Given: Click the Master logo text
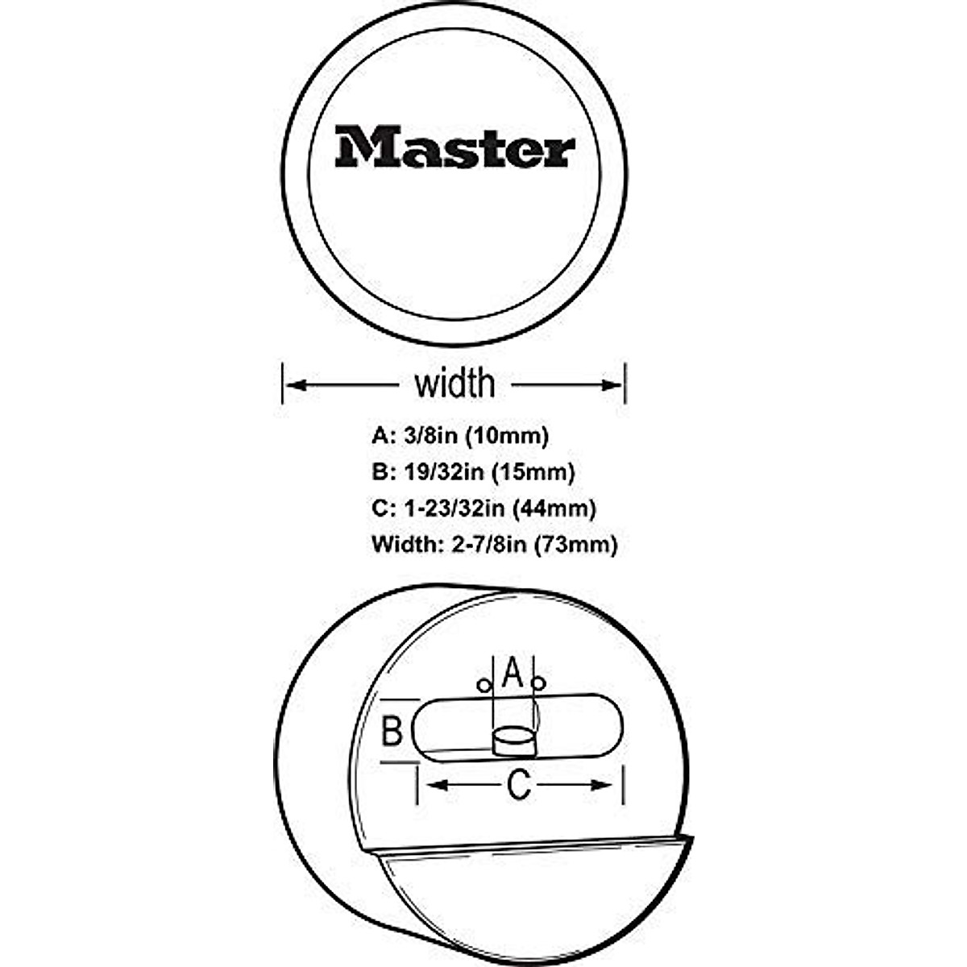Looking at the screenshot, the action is click(x=454, y=147).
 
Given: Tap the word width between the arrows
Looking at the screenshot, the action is click(x=454, y=384).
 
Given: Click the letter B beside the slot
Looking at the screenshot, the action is click(x=392, y=732).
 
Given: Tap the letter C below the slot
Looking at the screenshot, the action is click(x=519, y=785).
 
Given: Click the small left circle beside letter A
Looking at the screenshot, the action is click(x=483, y=686).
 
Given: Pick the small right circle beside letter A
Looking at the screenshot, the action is click(x=539, y=685).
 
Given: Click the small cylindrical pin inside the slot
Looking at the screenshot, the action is click(x=513, y=740).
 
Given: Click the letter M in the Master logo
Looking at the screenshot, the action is click(x=358, y=147).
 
